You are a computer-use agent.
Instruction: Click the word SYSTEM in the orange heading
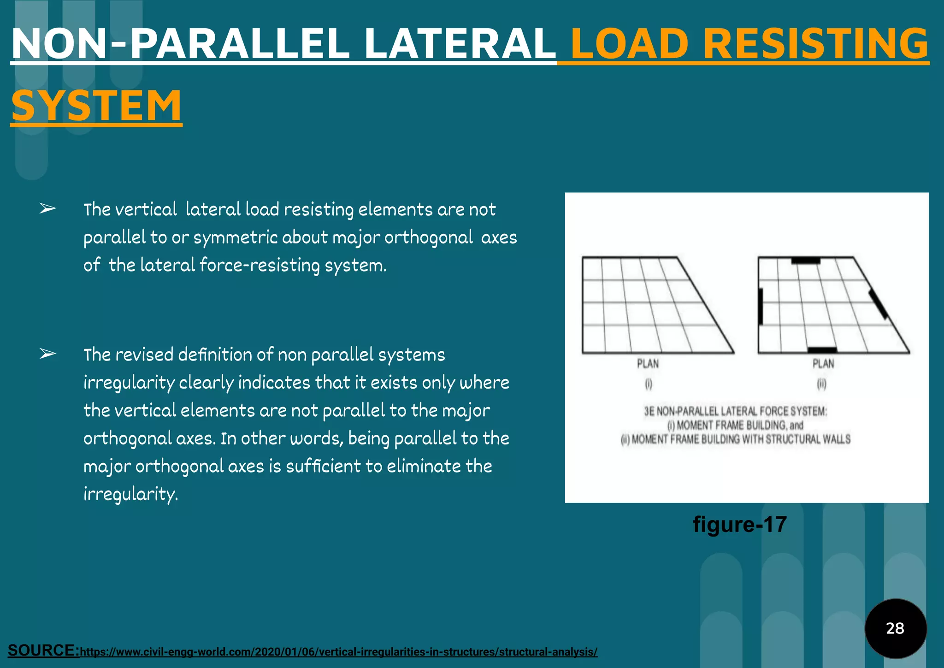pos(96,106)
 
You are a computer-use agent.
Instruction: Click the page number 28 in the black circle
pos(895,628)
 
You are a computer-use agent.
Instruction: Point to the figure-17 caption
pos(740,525)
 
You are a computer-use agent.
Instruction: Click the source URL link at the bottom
pos(339,652)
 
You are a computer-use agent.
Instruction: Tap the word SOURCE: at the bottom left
pos(44,650)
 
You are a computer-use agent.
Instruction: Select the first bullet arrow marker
pos(47,209)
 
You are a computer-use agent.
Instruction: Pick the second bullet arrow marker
pos(47,354)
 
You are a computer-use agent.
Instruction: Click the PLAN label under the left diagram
pos(648,364)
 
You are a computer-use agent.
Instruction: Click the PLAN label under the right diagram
pos(823,364)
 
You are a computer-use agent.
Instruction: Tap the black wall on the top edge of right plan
pos(806,261)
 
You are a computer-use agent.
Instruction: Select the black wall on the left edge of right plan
pos(761,306)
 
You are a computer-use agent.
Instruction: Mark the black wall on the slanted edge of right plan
pos(878,304)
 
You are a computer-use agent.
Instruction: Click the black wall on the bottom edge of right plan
pos(822,350)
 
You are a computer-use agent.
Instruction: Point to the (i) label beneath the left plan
pos(649,384)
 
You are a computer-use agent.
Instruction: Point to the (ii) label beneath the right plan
pos(821,384)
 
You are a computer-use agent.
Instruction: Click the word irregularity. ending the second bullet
pos(130,494)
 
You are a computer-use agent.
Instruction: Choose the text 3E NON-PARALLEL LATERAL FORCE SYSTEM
pos(736,411)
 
